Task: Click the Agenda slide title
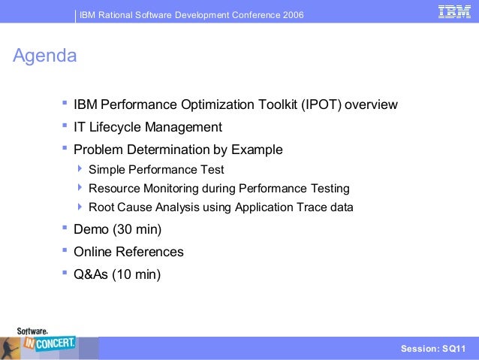45,56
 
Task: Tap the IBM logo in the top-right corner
454,13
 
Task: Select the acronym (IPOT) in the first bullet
322,104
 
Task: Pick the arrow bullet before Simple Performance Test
81,169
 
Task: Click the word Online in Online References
93,252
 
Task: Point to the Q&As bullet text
91,274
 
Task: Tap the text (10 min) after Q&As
136,274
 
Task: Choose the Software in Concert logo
47,342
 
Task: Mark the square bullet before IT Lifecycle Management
65,126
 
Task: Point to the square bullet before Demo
65,228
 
